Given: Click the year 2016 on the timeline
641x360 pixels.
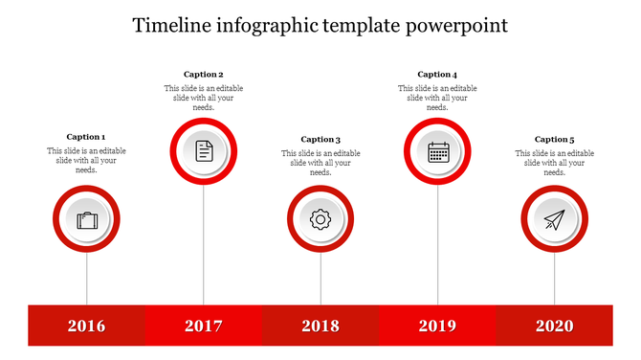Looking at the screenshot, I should point(86,326).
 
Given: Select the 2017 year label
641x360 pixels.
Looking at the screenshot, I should point(203,326).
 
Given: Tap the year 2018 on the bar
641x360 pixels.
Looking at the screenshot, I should point(320,326).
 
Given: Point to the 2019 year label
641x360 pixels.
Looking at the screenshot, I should point(437,326).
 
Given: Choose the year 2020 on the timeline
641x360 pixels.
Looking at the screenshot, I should point(554,326).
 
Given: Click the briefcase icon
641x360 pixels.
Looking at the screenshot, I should point(87,220).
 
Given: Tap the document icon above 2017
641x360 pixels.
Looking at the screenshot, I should point(204,150).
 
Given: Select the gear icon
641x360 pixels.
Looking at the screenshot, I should point(320,219).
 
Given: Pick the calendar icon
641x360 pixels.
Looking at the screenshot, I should point(438,151).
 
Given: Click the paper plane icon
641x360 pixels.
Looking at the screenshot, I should point(555,220).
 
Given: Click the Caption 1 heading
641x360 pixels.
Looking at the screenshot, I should point(86,137).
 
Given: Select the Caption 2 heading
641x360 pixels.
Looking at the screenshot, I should point(204,74).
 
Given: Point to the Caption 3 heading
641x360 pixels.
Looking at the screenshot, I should point(320,139).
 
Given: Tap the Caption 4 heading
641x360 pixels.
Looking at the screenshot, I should point(437,74).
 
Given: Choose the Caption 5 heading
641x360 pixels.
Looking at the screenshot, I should point(555,139).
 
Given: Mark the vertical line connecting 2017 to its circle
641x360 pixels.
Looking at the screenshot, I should point(204,244).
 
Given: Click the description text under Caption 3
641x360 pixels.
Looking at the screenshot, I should point(320,163).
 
